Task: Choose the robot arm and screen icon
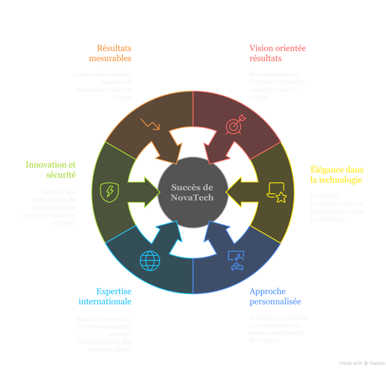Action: coord(236,260)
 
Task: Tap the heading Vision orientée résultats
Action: coord(277,53)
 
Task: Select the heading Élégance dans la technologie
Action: coord(336,175)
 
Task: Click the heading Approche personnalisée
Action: coord(275,297)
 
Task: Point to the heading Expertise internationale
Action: coord(106,297)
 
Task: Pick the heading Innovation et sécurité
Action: coord(50,170)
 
